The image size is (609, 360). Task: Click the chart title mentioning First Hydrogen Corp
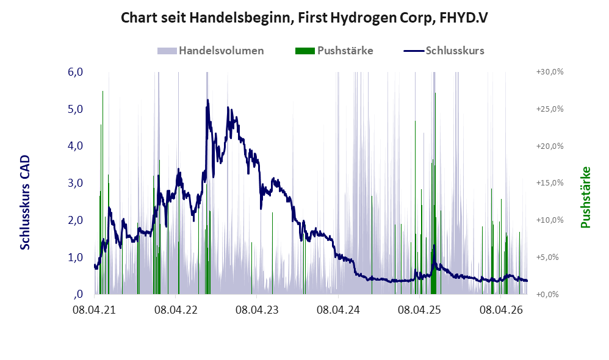point(304,18)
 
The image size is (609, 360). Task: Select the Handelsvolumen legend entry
point(211,51)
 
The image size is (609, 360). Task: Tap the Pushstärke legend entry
point(334,51)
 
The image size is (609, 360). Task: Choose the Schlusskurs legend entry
point(444,51)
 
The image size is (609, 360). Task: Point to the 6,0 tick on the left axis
point(76,72)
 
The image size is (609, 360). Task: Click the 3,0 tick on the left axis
point(76,183)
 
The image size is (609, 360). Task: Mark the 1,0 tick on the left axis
point(76,257)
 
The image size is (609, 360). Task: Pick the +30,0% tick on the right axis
point(550,72)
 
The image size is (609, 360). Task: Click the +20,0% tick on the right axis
point(550,146)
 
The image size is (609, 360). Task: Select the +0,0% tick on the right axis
point(547,294)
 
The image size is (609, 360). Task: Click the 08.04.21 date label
point(94,310)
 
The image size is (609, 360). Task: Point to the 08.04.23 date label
point(257,310)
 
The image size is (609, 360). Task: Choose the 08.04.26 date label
point(501,310)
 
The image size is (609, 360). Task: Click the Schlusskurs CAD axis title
point(25,203)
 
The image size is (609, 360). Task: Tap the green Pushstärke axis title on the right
point(585,197)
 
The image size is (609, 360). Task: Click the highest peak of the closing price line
point(207,100)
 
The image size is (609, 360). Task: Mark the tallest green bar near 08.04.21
point(103,192)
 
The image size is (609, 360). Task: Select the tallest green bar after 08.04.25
point(435,193)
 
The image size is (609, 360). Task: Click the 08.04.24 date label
point(338,310)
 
